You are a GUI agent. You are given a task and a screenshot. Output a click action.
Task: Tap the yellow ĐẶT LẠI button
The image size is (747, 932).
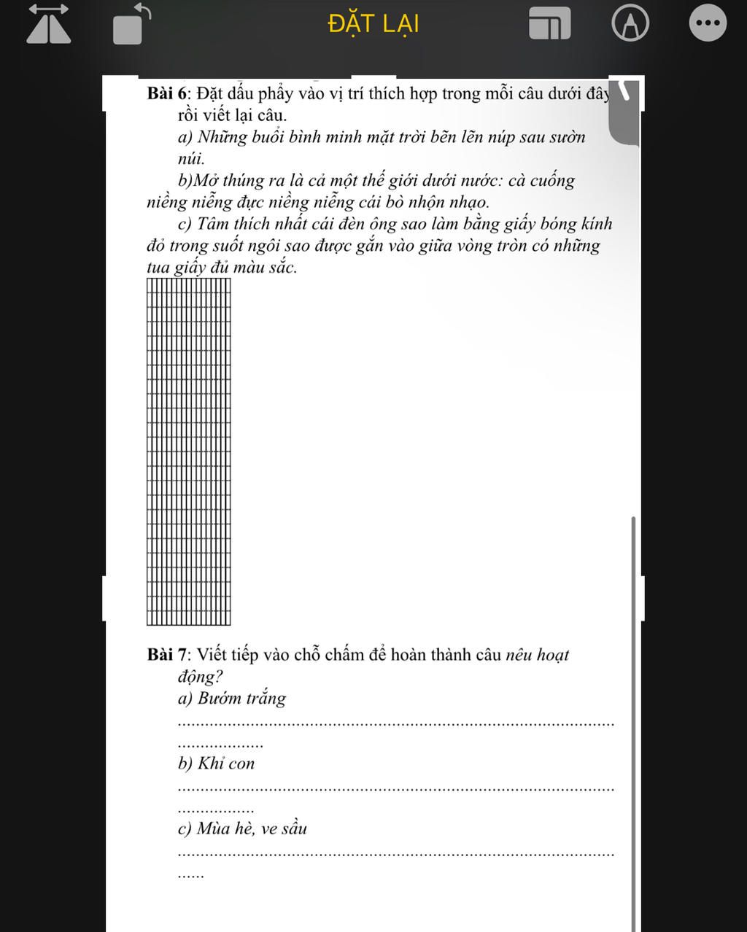pos(373,24)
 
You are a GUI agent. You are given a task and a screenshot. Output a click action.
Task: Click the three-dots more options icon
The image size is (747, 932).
pos(708,23)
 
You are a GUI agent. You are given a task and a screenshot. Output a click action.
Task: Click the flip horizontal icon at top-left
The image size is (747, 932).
pos(49,24)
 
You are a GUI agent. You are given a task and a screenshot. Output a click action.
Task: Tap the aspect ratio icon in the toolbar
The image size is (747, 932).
pos(549,24)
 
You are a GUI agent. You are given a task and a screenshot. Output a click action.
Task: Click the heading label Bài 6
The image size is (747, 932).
pos(168,93)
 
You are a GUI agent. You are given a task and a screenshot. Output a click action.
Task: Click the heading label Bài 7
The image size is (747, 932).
pos(168,655)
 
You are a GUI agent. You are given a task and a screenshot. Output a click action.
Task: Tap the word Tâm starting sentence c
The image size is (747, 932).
pos(213,224)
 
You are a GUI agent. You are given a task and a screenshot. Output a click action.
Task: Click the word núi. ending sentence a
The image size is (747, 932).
pos(191,158)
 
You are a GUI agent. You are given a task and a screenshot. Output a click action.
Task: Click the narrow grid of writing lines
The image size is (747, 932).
pos(188,451)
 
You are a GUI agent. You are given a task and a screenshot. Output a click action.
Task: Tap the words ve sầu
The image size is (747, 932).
pos(284,828)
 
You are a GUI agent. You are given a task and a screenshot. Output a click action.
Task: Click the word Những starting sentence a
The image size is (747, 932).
pos(223,137)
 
